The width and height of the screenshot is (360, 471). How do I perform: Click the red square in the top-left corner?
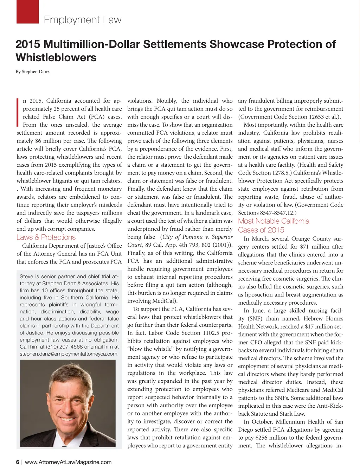tap(27, 12)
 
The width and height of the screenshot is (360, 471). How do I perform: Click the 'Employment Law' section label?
tap(82, 20)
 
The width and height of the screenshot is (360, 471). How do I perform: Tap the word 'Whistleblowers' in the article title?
tap(56, 57)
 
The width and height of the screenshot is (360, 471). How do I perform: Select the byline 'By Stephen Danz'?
tap(32, 72)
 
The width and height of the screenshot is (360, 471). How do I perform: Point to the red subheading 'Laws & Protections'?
tap(46, 237)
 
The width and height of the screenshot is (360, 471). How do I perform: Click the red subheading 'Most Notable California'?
tap(274, 221)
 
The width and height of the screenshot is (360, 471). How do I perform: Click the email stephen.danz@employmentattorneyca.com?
tap(69, 354)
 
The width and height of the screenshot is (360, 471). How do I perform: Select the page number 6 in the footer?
tap(18, 462)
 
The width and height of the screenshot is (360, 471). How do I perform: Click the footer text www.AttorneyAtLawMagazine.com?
tap(68, 462)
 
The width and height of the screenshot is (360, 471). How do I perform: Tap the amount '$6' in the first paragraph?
tap(39, 141)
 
